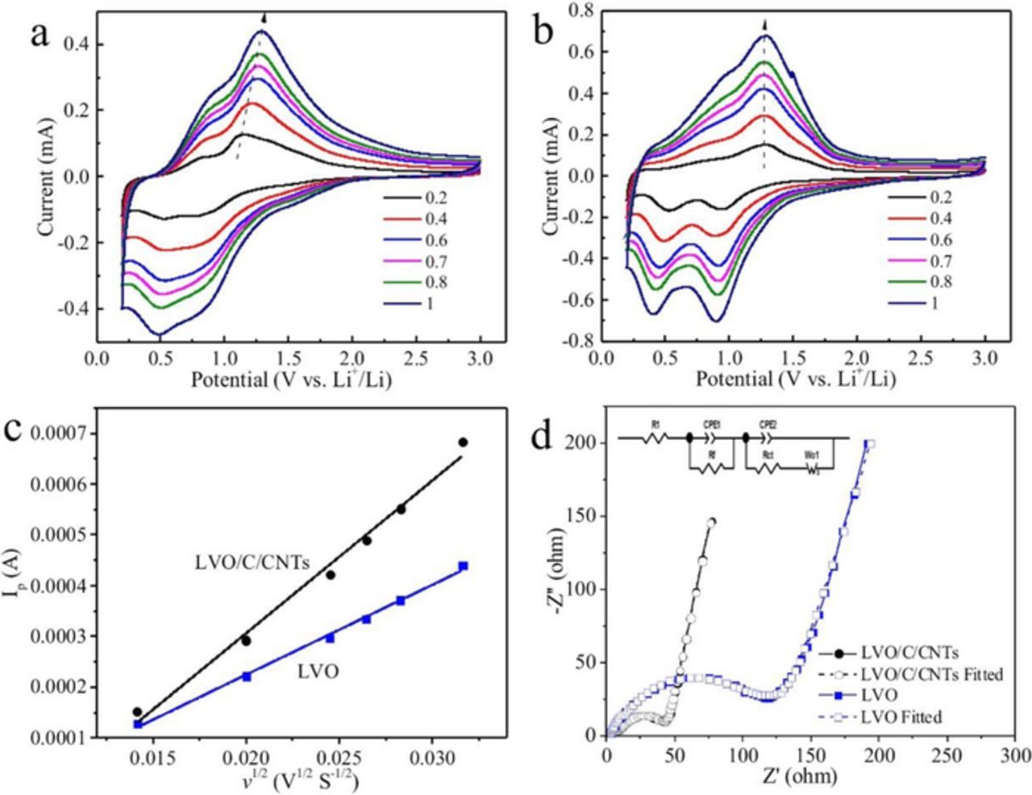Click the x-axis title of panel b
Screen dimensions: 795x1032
pos(795,380)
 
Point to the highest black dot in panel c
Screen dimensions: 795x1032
pos(463,442)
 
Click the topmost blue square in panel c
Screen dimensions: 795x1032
pos(463,566)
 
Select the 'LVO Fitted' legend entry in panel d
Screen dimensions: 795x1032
pos(901,715)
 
